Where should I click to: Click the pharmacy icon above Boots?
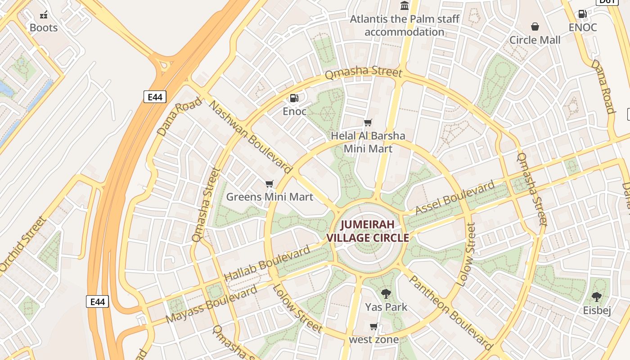[44, 15]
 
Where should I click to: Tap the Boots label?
[44, 28]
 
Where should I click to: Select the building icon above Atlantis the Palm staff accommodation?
[405, 6]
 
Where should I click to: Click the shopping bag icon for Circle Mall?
[535, 27]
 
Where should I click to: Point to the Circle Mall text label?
[535, 40]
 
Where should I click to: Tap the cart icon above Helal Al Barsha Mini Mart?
[368, 122]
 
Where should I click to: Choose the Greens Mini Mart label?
[270, 197]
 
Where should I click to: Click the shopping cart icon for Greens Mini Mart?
[270, 184]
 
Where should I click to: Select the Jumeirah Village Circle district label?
[368, 231]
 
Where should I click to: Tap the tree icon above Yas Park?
[386, 294]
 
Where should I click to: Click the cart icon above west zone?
[373, 326]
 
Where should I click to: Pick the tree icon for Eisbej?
[597, 297]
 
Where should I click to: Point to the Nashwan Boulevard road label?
[251, 138]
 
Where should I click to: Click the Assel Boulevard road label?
[455, 198]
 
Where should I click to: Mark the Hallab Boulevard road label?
[267, 263]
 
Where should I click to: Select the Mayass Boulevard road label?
[211, 304]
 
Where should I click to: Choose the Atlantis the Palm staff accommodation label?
[405, 26]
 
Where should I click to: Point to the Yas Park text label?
[386, 307]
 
